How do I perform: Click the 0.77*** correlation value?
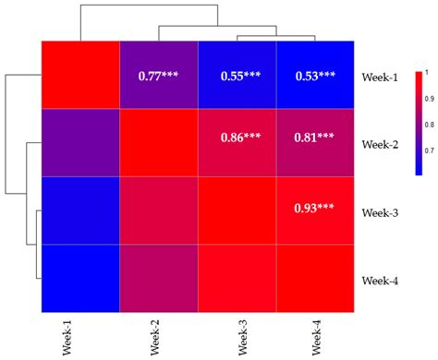click(157, 76)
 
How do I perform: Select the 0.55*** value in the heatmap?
click(236, 76)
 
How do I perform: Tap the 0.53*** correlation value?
click(314, 76)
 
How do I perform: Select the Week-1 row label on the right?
click(380, 77)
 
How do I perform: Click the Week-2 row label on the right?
click(380, 146)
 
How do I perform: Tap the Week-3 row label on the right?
click(380, 213)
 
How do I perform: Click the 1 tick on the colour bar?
click(428, 71)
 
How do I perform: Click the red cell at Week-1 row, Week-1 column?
click(80, 75)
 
